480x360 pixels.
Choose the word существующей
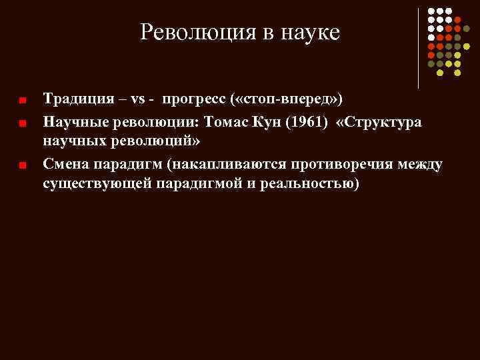coord(97,184)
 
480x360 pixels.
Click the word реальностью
coord(303,184)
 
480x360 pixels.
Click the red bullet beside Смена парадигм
coord(22,165)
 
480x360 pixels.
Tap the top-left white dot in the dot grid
coord(431,11)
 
